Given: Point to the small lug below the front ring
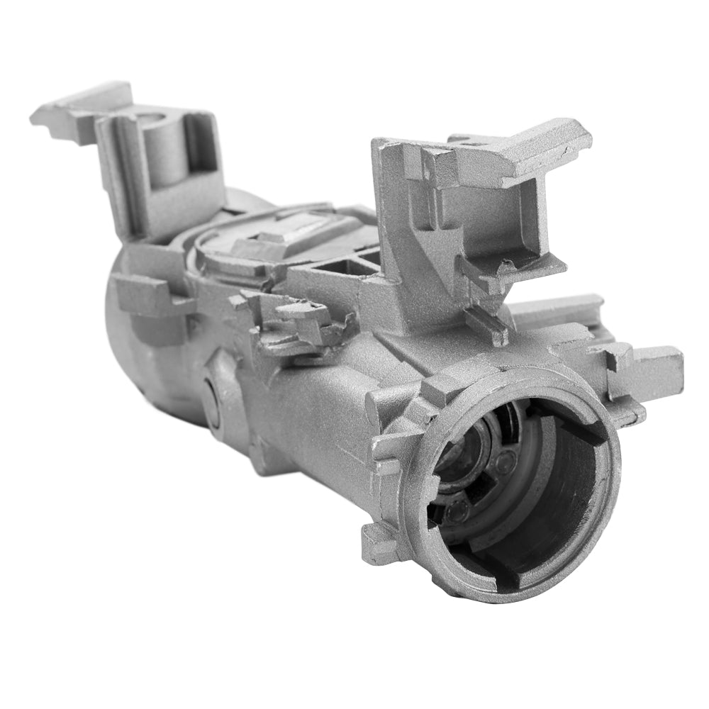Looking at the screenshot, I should pos(380,542).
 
